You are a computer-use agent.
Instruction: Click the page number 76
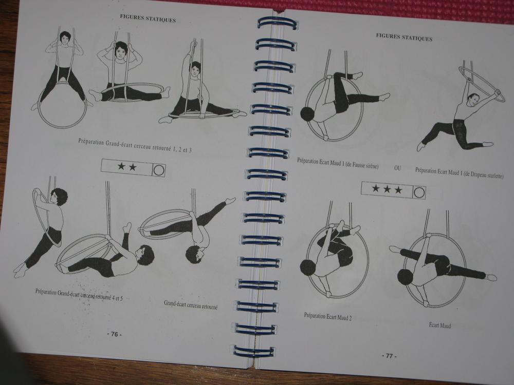[115, 334]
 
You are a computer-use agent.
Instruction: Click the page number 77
[389, 356]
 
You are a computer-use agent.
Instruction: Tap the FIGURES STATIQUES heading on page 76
[148, 18]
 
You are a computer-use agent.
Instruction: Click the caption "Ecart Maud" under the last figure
[440, 325]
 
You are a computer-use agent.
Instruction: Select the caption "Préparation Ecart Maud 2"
[328, 317]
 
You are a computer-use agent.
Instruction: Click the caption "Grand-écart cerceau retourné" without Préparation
[191, 305]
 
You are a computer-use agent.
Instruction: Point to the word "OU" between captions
[397, 168]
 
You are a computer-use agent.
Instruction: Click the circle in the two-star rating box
[159, 170]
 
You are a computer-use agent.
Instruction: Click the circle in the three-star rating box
[419, 192]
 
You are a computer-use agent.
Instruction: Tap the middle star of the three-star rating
[387, 189]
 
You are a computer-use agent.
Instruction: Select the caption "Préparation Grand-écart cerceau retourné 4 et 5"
[79, 295]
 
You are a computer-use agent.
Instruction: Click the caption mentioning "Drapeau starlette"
[459, 173]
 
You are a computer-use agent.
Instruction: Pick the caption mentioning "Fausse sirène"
[338, 163]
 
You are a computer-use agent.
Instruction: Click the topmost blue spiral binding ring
[277, 23]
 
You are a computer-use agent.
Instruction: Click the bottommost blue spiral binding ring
[254, 351]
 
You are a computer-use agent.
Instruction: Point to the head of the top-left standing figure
[65, 38]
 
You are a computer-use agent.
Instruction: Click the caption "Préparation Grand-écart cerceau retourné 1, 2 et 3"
[135, 145]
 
